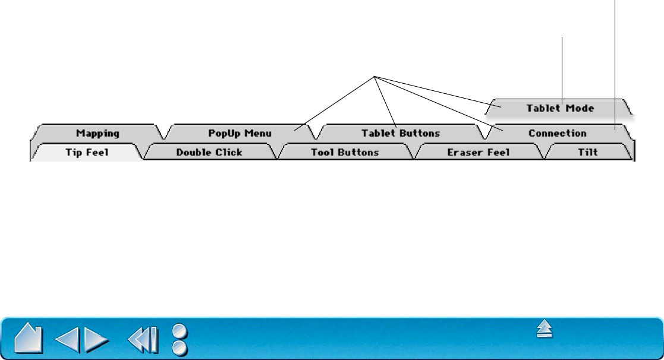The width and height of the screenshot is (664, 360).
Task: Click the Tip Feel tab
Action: click(x=87, y=153)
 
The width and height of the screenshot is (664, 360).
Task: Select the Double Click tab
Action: click(x=209, y=153)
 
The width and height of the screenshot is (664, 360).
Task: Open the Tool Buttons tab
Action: click(x=345, y=153)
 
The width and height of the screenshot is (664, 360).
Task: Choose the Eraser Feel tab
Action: click(x=479, y=153)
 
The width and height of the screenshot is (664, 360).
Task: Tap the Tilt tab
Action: click(x=588, y=153)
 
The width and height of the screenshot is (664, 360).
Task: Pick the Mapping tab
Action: click(x=97, y=133)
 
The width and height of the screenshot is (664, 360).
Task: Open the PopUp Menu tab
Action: click(x=240, y=133)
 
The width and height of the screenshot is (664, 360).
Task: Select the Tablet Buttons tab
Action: click(x=401, y=133)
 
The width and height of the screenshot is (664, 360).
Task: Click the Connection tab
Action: click(x=557, y=133)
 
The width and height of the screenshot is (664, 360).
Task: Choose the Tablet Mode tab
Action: click(x=560, y=108)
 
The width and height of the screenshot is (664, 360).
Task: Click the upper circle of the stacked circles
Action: click(x=180, y=331)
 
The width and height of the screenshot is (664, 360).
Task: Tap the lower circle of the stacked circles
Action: click(x=180, y=348)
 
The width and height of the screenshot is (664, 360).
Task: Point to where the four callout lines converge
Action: click(x=375, y=76)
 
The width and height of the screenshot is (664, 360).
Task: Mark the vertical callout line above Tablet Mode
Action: click(x=562, y=65)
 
